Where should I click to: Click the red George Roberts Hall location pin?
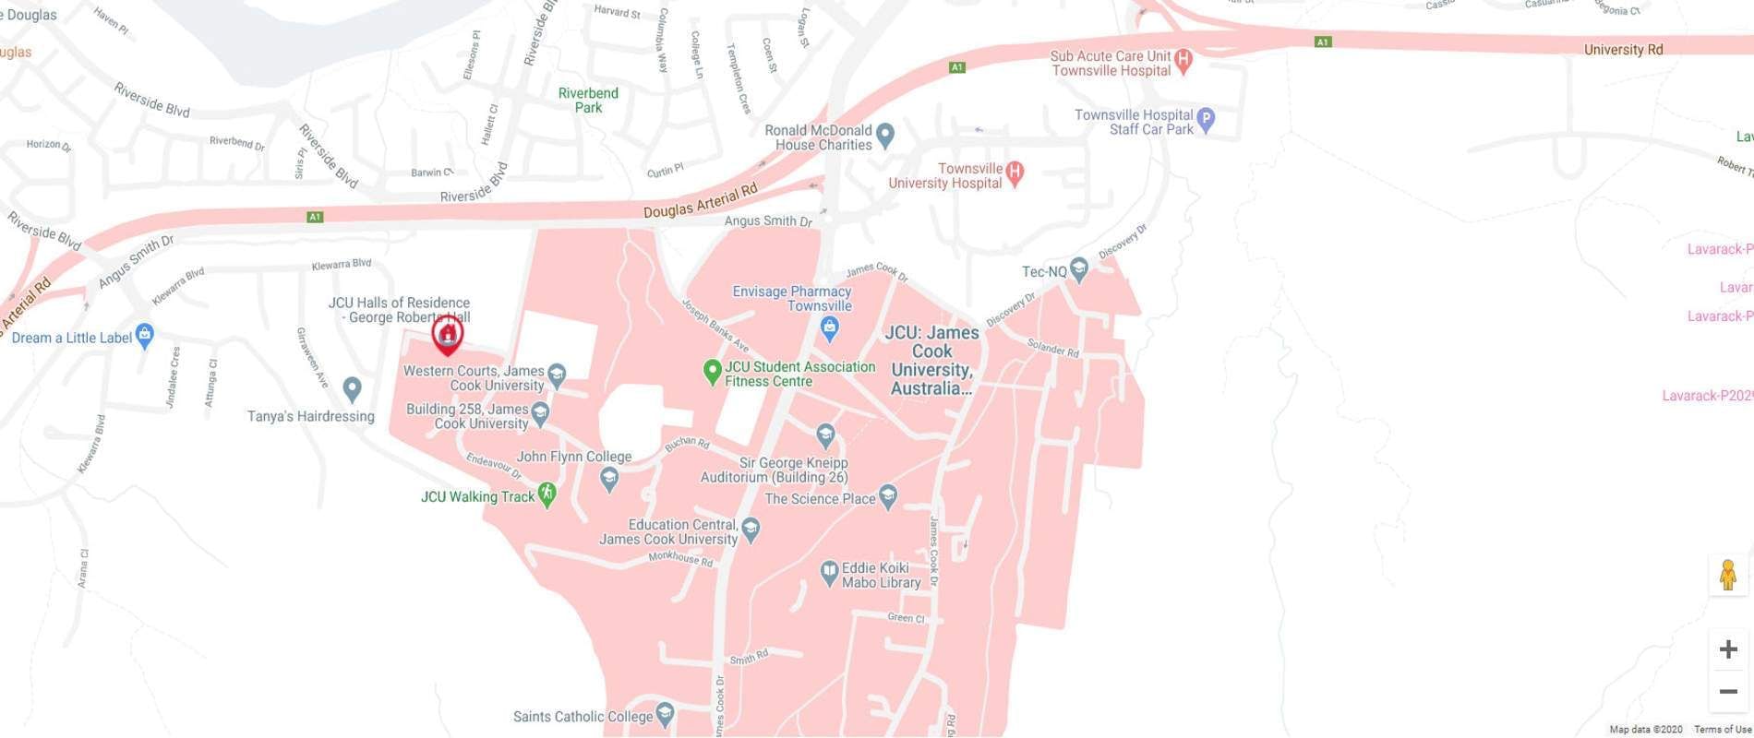point(448,334)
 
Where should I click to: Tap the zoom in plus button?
point(1728,649)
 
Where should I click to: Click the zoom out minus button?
point(1728,691)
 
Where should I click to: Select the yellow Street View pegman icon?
point(1728,575)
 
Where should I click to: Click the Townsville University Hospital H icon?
point(1015,172)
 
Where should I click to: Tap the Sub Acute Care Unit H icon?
point(1183,61)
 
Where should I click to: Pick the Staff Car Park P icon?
point(1206,119)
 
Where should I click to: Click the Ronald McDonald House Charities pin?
point(885,135)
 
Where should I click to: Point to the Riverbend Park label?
point(588,100)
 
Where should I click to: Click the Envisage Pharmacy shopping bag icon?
point(829,327)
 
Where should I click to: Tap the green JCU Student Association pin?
point(712,371)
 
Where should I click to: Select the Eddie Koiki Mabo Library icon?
point(829,572)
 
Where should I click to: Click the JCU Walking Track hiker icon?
point(547,494)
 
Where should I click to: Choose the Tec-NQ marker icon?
point(1079,269)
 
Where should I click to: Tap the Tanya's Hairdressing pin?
point(352,388)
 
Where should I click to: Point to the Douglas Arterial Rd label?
point(700,200)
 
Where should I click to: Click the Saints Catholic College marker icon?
point(666,714)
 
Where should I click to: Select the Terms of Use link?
point(1723,730)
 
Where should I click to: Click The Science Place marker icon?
point(888,496)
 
